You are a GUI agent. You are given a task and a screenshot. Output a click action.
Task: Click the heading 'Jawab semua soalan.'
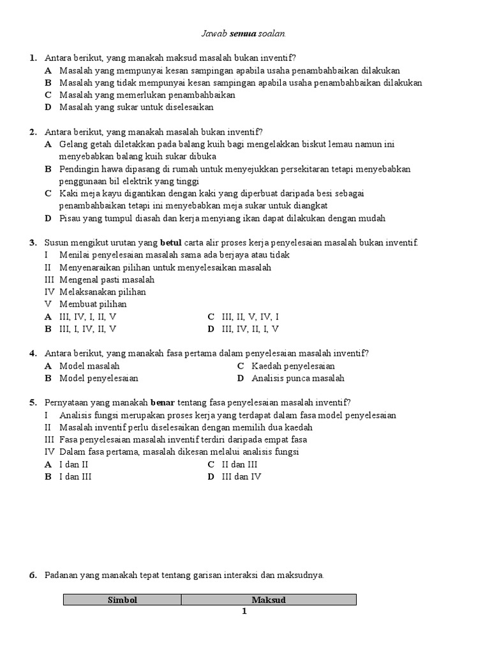click(245, 33)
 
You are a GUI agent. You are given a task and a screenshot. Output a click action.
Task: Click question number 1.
click(33, 59)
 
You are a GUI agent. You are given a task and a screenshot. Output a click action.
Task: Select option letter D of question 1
click(48, 107)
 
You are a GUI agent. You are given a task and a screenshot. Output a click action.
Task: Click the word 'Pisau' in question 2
click(71, 218)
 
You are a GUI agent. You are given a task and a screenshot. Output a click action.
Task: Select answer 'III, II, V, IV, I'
click(250, 317)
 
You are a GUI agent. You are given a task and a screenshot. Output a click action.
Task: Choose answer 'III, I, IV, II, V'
click(87, 329)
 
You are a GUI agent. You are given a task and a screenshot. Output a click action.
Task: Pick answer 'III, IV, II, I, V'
click(250, 329)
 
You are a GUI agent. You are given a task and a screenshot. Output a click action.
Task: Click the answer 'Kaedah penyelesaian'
click(293, 366)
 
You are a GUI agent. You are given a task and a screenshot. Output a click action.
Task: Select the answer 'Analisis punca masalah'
click(297, 378)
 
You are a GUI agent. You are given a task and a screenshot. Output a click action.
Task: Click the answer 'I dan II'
click(73, 464)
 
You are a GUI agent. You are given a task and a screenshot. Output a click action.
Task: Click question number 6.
click(33, 575)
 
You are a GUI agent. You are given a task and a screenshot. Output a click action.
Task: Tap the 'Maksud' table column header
click(269, 600)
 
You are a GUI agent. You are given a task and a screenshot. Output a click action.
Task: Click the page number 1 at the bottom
click(244, 611)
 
